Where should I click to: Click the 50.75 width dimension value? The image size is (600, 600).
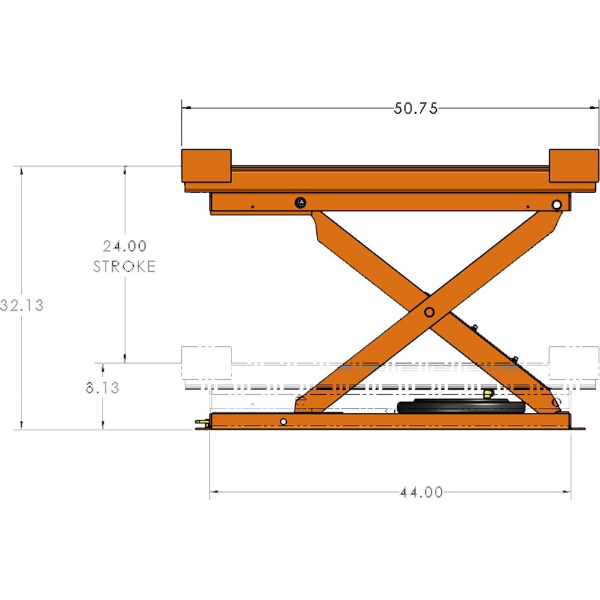click(416, 109)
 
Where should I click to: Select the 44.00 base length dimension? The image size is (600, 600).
click(421, 493)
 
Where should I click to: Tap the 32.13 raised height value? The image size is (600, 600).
click(23, 305)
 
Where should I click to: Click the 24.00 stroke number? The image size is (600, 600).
click(124, 246)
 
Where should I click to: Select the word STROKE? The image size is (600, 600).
click(124, 266)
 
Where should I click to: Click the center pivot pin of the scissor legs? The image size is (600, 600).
click(429, 312)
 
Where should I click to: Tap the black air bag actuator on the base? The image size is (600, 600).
click(461, 407)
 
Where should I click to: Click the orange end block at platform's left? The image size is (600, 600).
click(206, 166)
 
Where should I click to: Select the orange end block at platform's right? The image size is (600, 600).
click(574, 166)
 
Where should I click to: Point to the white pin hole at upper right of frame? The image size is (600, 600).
click(557, 205)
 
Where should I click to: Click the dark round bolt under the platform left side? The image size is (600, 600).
click(300, 203)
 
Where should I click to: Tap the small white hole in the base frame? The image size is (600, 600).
click(283, 422)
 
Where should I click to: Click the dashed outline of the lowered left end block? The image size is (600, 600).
click(206, 363)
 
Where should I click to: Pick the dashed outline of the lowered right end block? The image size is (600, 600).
click(574, 363)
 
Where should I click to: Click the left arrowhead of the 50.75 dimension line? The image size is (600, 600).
click(186, 109)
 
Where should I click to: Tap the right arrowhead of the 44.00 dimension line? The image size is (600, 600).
click(566, 493)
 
